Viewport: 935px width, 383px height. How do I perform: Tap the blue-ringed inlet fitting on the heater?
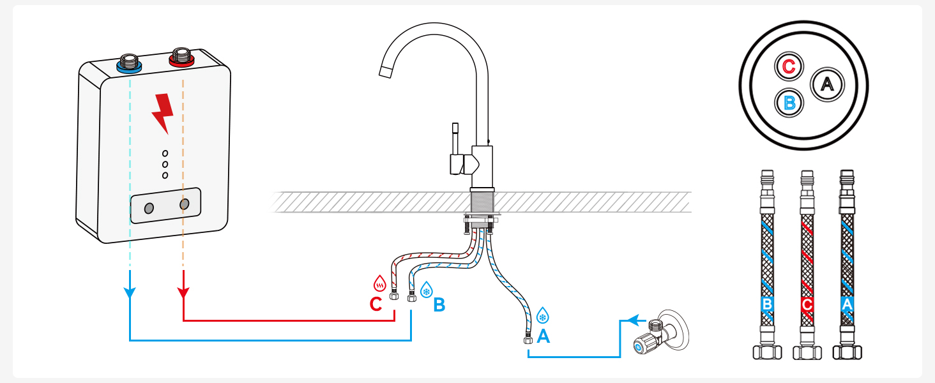pos(130,63)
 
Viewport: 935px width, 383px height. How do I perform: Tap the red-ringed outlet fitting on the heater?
pos(181,57)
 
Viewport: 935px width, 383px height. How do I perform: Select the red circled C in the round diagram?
pos(789,66)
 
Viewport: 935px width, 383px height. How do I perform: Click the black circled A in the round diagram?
pos(827,84)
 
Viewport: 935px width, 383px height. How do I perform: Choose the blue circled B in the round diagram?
pos(789,103)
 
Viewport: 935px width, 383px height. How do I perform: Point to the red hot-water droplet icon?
pos(379,283)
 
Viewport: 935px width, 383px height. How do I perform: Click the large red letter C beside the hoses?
pos(376,304)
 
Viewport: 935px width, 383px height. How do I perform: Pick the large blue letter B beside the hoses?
pos(439,304)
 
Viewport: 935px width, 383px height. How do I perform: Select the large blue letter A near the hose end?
pos(543,336)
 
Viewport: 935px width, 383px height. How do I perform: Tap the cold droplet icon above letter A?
pos(543,315)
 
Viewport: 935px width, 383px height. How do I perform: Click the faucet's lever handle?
pos(456,150)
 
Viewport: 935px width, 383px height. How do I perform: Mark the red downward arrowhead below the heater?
pos(183,292)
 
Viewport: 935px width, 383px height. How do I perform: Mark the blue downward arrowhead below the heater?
pos(130,292)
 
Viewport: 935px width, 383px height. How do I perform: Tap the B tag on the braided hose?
pos(767,304)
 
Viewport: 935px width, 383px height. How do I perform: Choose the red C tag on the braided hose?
pos(807,304)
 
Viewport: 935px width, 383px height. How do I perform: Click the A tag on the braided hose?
pos(847,304)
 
